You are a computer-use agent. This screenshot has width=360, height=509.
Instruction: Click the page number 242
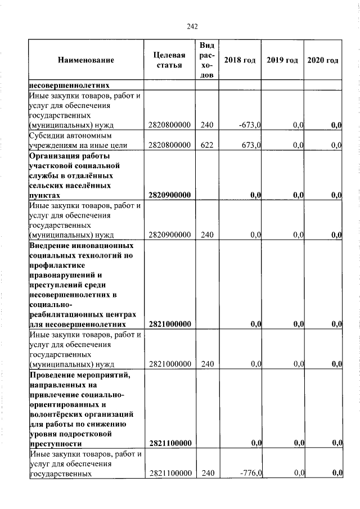192,26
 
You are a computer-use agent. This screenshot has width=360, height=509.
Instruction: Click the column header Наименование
85,60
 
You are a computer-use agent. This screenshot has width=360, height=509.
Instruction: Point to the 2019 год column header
282,60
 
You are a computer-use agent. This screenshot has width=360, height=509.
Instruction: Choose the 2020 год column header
323,60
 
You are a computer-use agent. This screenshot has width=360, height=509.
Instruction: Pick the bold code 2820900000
169,195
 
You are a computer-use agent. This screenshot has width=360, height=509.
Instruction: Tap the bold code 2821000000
169,324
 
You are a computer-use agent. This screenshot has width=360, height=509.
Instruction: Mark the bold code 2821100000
169,444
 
